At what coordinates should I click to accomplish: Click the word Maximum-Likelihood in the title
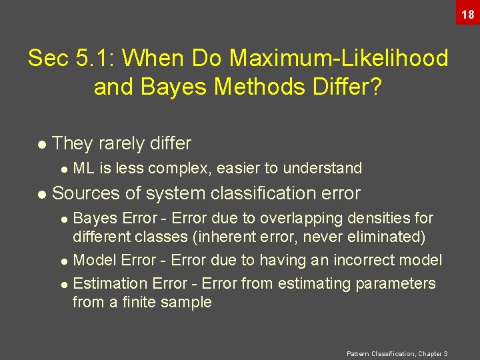pyautogui.click(x=339, y=59)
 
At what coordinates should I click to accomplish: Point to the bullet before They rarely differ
pyautogui.click(x=42, y=144)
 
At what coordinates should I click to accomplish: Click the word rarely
pyautogui.click(x=117, y=143)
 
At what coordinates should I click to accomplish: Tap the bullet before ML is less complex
pyautogui.click(x=63, y=169)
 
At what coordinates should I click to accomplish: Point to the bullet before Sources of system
pyautogui.click(x=42, y=194)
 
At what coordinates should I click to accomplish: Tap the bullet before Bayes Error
pyautogui.click(x=63, y=219)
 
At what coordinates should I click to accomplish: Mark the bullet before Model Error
pyautogui.click(x=63, y=261)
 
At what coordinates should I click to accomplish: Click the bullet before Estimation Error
pyautogui.click(x=63, y=285)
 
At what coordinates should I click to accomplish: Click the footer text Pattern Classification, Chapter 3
pyautogui.click(x=397, y=353)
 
